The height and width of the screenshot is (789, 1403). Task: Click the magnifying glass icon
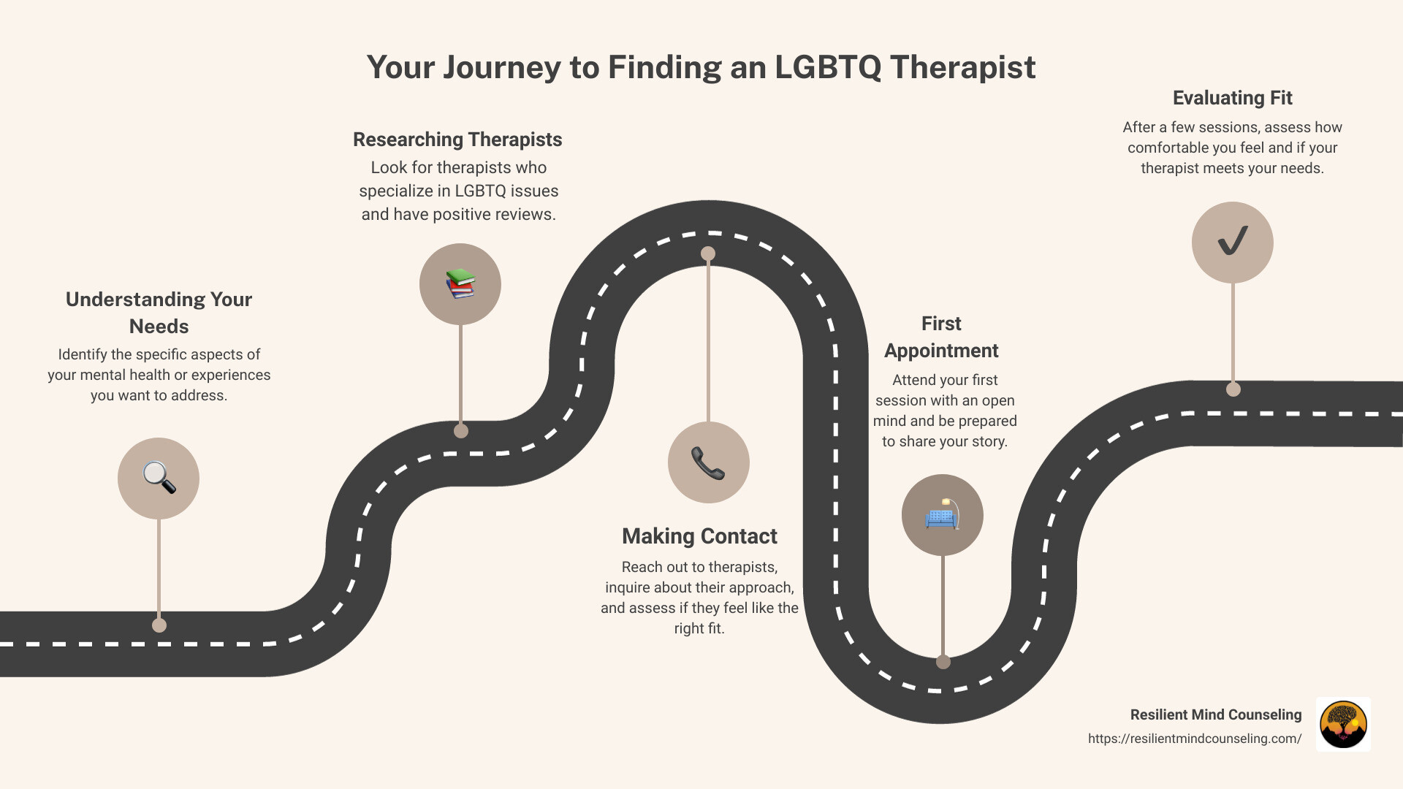coord(159,478)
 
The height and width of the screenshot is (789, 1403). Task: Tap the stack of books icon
coord(460,283)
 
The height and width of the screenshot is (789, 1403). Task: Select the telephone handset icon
coord(708,462)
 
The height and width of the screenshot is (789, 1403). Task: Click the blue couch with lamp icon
coord(942,515)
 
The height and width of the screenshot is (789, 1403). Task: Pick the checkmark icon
coord(1233,242)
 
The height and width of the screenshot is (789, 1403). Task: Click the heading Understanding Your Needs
coord(159,313)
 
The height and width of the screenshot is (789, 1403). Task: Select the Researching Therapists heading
coord(457,140)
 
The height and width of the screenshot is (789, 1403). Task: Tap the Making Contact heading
coord(699,536)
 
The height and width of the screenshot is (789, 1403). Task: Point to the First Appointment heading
coord(941,337)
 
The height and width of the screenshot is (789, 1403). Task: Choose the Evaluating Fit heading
coord(1232,98)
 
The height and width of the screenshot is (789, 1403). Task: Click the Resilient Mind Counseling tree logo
coord(1343,724)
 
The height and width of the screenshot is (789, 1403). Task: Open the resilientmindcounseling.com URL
coord(1194,739)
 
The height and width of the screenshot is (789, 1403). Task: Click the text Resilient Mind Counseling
coord(1215,714)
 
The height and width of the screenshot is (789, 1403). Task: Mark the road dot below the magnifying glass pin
coord(159,625)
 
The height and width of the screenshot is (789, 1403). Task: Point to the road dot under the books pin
coord(461,431)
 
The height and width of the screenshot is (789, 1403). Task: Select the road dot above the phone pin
coord(708,254)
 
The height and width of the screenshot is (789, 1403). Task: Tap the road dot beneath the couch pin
coord(943,662)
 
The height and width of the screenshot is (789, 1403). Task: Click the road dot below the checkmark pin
coord(1233,389)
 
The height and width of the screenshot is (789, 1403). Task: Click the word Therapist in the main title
coord(962,67)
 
